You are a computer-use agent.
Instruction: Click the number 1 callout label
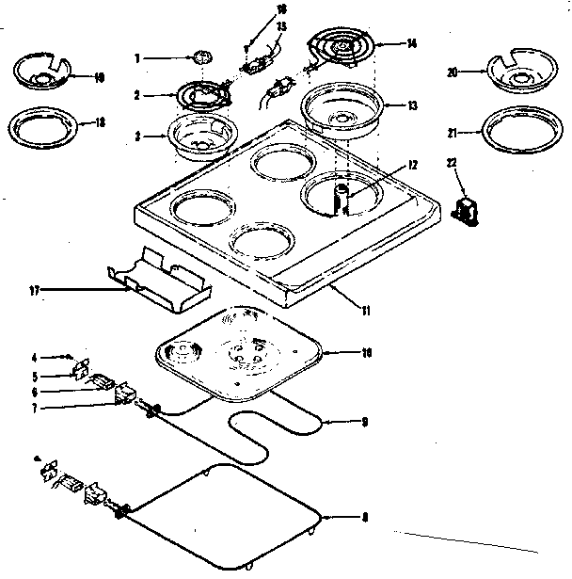tap(138, 58)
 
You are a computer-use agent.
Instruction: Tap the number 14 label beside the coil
tap(411, 42)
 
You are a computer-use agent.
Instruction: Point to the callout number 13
tap(411, 105)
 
